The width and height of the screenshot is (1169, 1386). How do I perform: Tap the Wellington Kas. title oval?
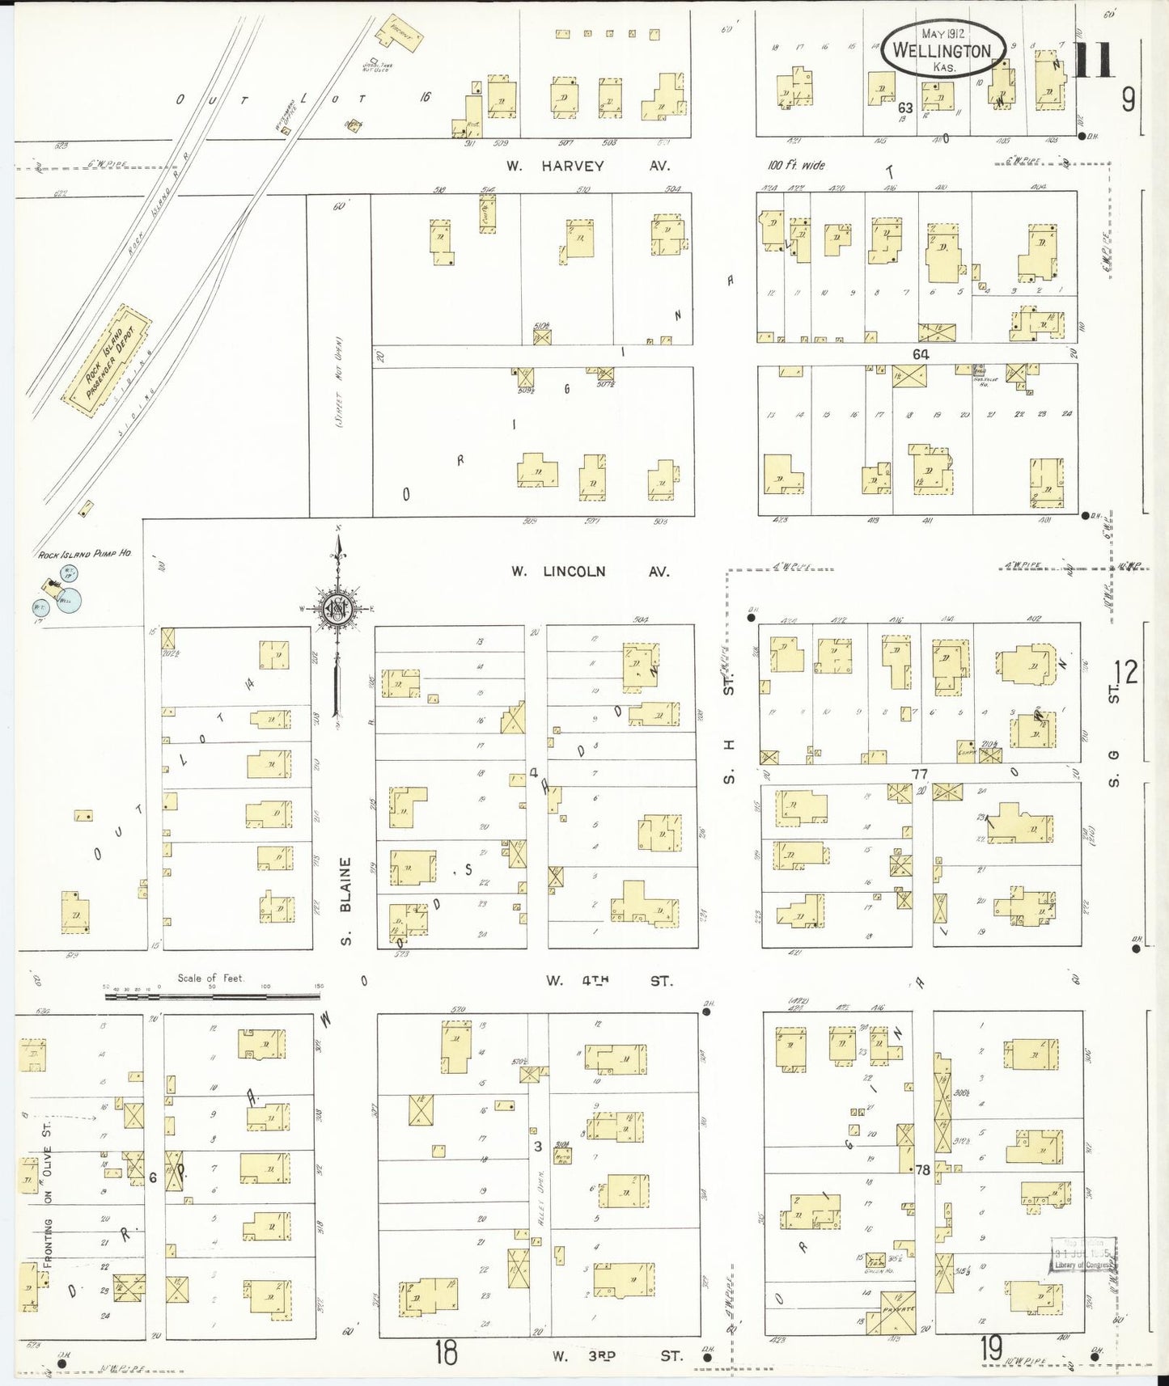coord(943,50)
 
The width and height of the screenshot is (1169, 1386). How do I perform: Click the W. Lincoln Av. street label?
coord(590,572)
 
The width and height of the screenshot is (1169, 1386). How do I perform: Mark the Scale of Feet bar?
coord(212,995)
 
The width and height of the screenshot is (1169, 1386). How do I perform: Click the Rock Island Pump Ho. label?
coord(85,555)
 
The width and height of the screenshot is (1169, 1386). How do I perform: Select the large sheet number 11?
coord(1094,61)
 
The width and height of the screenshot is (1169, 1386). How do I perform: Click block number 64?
coord(921,354)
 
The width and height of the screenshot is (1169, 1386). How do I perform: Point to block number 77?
coord(920,774)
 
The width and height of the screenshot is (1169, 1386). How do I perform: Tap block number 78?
coord(922,1169)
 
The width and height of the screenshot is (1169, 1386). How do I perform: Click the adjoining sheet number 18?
coord(446,1352)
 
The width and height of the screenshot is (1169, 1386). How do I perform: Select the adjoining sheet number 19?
coord(992,1348)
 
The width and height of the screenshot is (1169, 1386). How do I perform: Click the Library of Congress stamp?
coord(1082,1256)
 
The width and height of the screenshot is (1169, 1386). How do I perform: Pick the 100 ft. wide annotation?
coord(796,165)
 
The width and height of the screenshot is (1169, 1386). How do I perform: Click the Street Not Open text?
coord(340,382)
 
